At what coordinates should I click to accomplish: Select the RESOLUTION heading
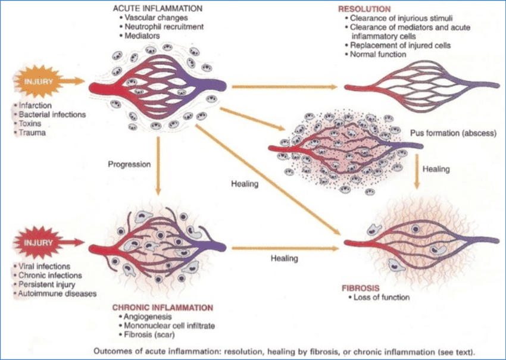coord(364,10)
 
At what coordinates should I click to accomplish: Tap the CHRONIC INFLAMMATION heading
coord(162,308)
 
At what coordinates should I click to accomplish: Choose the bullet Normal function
coord(380,55)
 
